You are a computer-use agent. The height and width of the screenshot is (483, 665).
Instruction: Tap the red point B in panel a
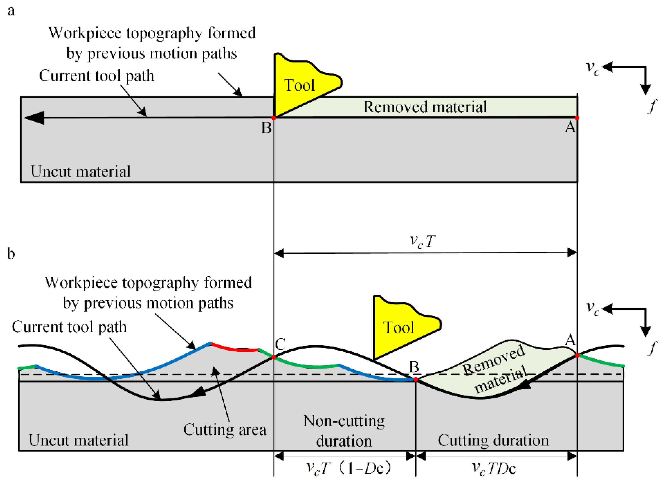click(x=274, y=118)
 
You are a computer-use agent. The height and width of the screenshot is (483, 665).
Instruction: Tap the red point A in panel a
click(x=577, y=118)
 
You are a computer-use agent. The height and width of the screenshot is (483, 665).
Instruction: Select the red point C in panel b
click(x=274, y=357)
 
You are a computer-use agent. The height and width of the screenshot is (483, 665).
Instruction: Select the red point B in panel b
click(x=416, y=379)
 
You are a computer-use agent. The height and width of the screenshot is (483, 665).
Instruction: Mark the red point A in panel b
click(x=577, y=355)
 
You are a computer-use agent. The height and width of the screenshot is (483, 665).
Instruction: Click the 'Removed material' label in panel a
click(x=425, y=107)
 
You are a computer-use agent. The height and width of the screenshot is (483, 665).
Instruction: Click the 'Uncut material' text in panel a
click(x=80, y=172)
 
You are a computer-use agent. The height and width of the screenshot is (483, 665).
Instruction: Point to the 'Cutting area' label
click(x=225, y=430)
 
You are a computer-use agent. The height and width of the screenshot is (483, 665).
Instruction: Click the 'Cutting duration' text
click(x=493, y=440)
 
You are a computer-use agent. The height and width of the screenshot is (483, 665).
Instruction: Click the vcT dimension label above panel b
click(x=422, y=242)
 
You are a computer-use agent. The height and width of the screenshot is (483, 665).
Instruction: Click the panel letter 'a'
click(x=11, y=11)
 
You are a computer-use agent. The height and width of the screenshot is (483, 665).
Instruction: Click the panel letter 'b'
click(x=11, y=253)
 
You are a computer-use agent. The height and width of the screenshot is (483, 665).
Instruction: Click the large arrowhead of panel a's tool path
click(x=34, y=118)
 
